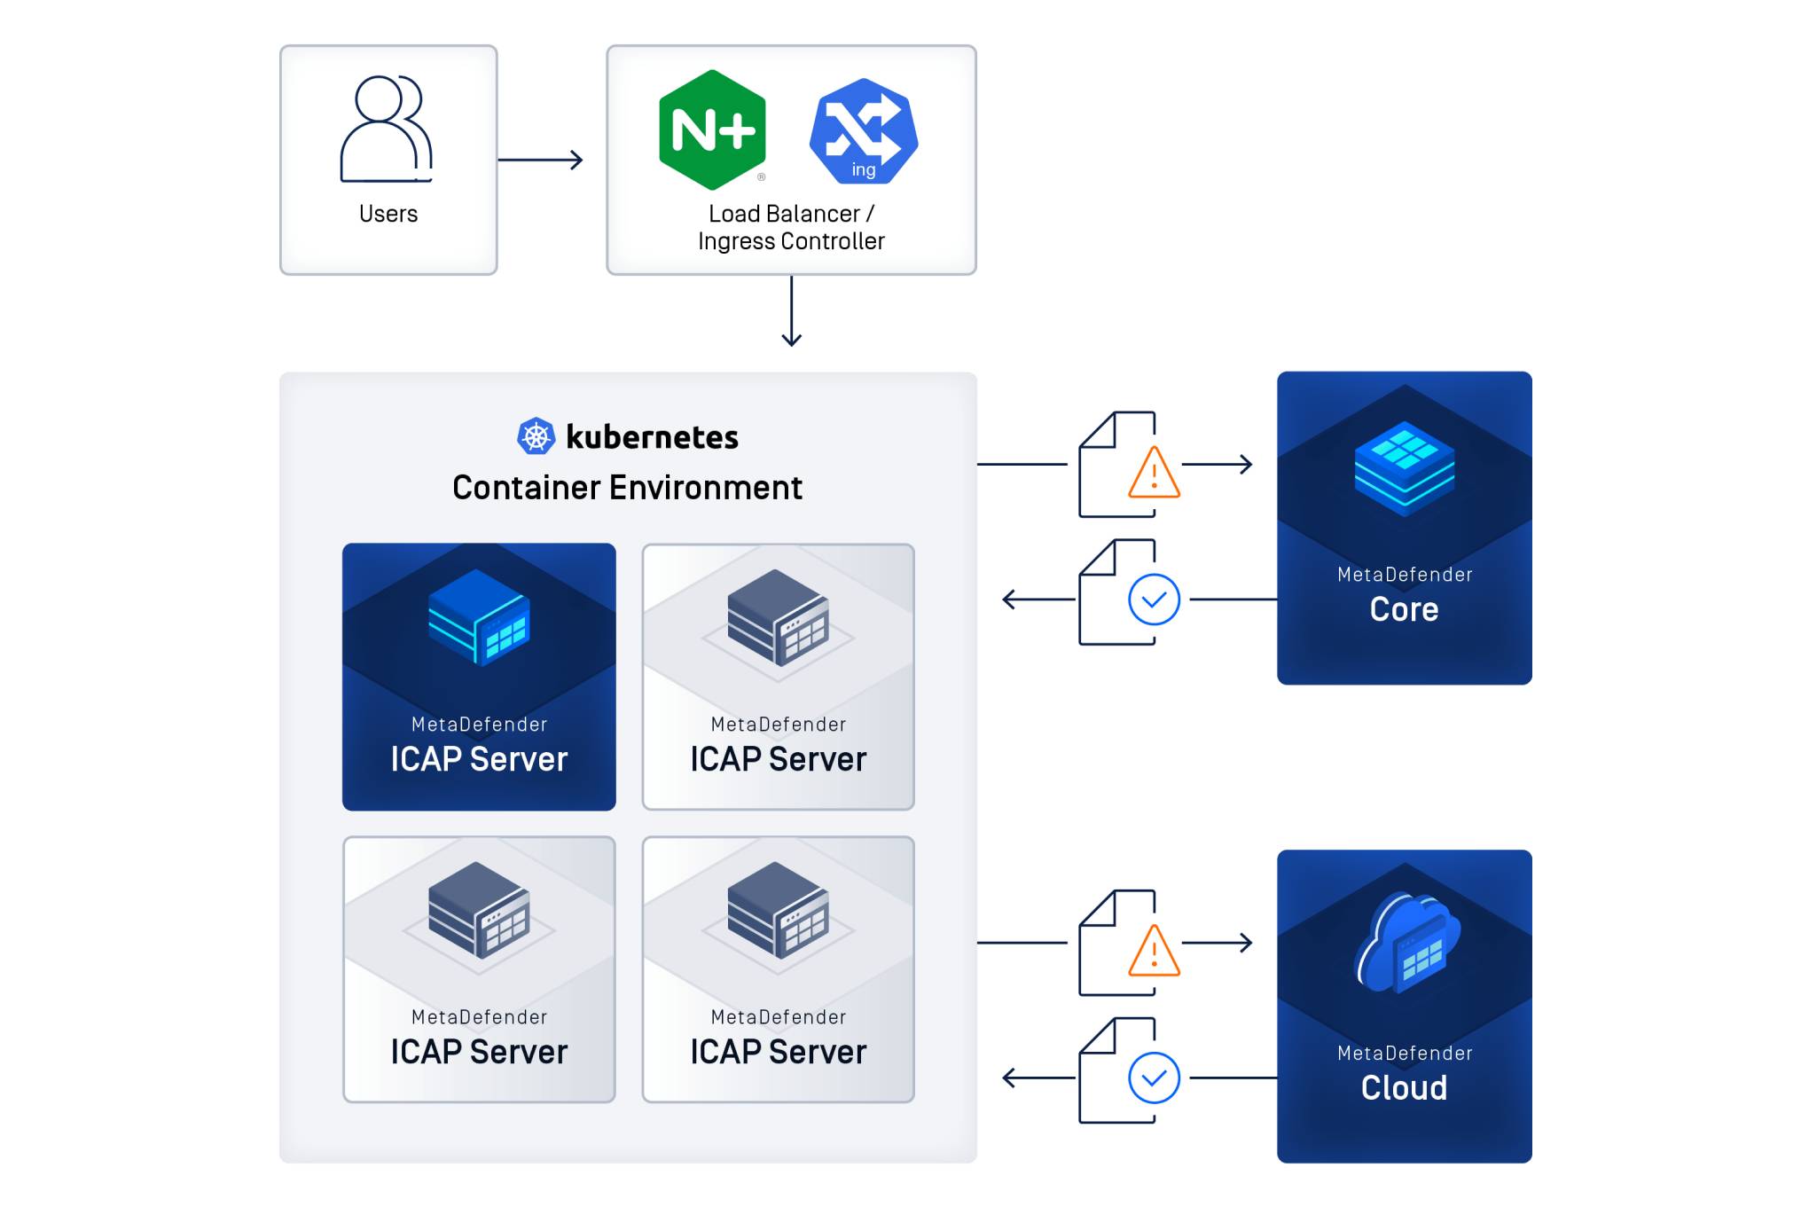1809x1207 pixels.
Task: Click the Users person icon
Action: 387,129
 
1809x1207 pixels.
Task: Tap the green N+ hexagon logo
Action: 712,130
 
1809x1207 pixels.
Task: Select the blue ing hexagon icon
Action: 863,131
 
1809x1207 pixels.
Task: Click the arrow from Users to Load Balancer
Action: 540,160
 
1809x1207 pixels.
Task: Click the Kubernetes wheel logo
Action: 536,436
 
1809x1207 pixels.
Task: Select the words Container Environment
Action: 627,488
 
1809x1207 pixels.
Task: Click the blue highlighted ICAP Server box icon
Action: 479,617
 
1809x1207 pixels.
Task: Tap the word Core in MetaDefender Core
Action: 1404,609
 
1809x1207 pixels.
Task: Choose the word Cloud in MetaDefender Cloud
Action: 1404,1087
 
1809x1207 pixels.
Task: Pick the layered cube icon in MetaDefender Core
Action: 1404,467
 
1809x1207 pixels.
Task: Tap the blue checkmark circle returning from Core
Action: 1154,600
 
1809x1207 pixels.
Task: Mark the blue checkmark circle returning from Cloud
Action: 1154,1078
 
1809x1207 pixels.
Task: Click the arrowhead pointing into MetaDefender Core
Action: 1246,464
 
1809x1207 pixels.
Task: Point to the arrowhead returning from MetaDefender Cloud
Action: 1009,1078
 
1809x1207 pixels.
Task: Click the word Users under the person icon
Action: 388,214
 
